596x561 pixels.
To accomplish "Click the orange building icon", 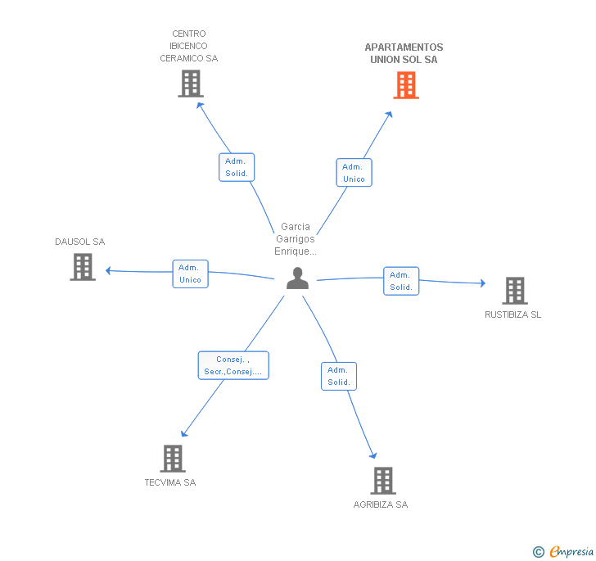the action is click(x=406, y=85).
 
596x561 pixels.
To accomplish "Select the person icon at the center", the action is click(x=297, y=278).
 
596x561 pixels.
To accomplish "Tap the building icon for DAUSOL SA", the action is click(x=83, y=267).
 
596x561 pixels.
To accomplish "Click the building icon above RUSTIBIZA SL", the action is click(x=515, y=291).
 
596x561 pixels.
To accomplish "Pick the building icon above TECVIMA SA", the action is click(x=173, y=459).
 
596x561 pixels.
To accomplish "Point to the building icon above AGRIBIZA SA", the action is click(x=383, y=481).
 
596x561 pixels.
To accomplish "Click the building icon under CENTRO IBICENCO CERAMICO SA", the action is click(x=191, y=84).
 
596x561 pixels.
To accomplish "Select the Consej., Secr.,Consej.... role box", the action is click(x=233, y=365).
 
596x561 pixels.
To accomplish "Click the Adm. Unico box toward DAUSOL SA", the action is click(x=191, y=274).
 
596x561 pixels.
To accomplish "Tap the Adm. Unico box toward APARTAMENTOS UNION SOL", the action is click(x=354, y=173).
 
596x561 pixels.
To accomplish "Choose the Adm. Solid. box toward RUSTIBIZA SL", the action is click(x=401, y=281).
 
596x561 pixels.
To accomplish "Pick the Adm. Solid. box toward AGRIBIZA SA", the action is click(x=339, y=376).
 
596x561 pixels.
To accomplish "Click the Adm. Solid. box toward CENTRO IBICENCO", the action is click(x=237, y=167).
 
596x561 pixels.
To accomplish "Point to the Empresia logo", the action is click(x=563, y=551).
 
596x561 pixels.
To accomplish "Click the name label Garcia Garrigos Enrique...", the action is click(x=296, y=239).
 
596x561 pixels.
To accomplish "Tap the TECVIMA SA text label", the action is click(x=170, y=482).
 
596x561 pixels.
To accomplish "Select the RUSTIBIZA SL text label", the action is click(x=512, y=314).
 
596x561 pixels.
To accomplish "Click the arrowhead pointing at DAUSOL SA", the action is click(x=108, y=270).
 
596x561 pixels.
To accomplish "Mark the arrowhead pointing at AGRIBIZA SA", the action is click(x=373, y=455).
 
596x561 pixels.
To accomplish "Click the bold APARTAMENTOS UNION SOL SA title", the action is click(x=404, y=53).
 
